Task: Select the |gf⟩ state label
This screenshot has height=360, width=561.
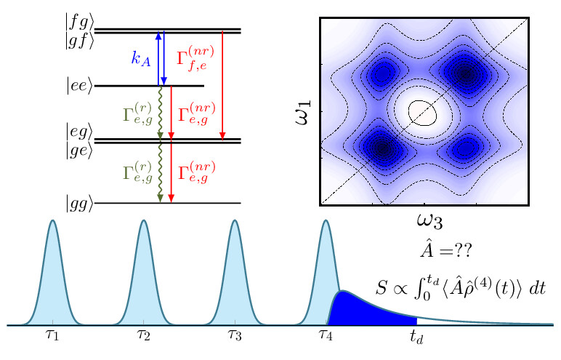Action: pyautogui.click(x=78, y=41)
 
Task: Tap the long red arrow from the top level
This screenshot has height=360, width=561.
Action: pyautogui.click(x=222, y=84)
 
